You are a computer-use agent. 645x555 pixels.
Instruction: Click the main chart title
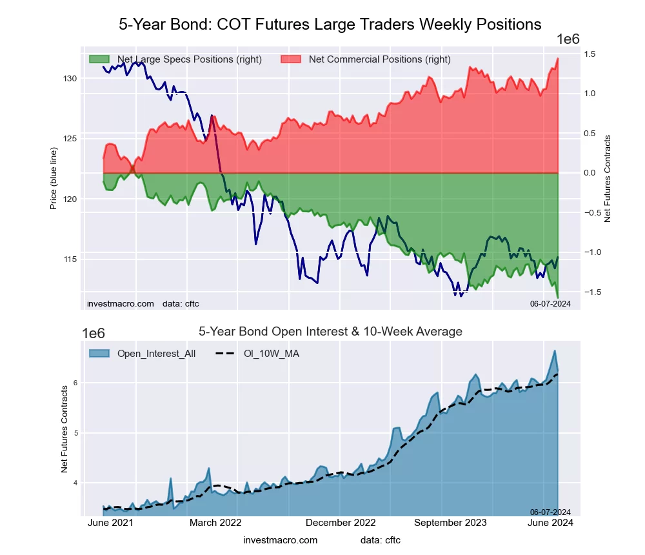[x=330, y=25]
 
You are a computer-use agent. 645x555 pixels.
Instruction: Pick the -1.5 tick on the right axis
[x=593, y=292]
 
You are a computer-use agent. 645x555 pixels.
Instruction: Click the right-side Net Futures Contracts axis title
[x=607, y=179]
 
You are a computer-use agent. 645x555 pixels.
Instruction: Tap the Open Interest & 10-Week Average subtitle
[x=330, y=332]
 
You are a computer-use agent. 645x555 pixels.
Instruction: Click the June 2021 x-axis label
[x=110, y=523]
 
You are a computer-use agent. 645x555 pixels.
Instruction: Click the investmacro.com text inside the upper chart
[x=121, y=303]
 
